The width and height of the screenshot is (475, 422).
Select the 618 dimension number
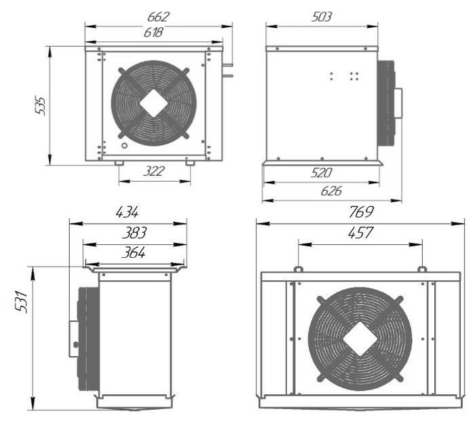click(153, 32)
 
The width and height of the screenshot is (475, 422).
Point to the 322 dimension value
click(154, 172)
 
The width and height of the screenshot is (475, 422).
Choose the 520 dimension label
click(321, 173)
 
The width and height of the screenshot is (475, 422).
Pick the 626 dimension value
click(330, 191)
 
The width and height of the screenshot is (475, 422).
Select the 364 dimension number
click(134, 253)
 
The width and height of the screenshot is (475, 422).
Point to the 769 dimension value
click(360, 212)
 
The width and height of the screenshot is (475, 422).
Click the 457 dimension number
click(360, 233)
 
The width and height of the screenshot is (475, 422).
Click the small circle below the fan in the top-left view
click(123, 147)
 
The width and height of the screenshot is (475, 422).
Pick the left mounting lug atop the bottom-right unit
click(297, 269)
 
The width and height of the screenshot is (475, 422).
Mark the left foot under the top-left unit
click(119, 163)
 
